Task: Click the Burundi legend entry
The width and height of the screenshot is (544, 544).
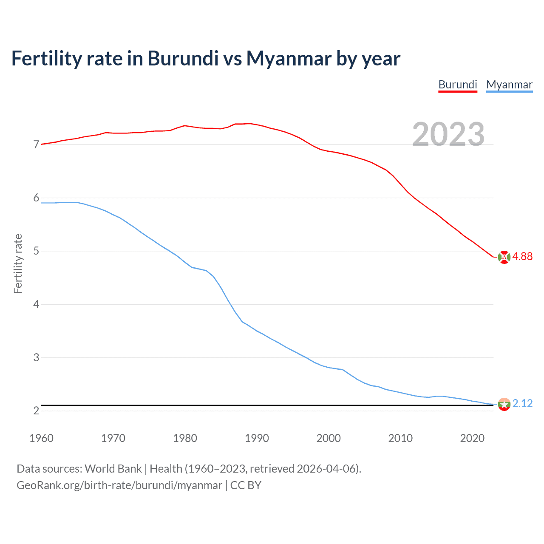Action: pos(458,85)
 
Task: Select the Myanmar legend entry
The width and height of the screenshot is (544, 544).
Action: pos(509,85)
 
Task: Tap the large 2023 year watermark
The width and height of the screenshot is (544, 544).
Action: pos(448,134)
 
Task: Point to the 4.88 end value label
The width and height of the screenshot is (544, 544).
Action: pos(522,256)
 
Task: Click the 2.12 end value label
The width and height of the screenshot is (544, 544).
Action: pos(522,403)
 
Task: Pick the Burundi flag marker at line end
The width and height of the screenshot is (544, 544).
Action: pos(504,257)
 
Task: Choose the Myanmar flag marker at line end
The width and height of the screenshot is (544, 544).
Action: pos(504,404)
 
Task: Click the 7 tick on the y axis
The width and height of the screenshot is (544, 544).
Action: pos(36,145)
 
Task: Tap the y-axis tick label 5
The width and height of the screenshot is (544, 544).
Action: pos(36,251)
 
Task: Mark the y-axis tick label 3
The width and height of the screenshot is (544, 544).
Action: pos(36,357)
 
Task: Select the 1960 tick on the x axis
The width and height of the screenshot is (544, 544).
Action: pos(41,438)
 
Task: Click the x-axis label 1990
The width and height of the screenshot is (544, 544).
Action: pos(257,438)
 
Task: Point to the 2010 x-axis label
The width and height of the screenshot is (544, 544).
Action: pos(400,438)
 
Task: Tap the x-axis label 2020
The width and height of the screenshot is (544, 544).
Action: pos(472,438)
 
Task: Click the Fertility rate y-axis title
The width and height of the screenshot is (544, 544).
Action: pos(18,263)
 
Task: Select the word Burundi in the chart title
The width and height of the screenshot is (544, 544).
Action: pos(183,59)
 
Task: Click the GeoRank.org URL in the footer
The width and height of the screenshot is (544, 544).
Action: pos(119,485)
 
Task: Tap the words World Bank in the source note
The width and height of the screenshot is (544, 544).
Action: pos(113,469)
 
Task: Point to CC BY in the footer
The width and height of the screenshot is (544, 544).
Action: pos(246,485)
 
